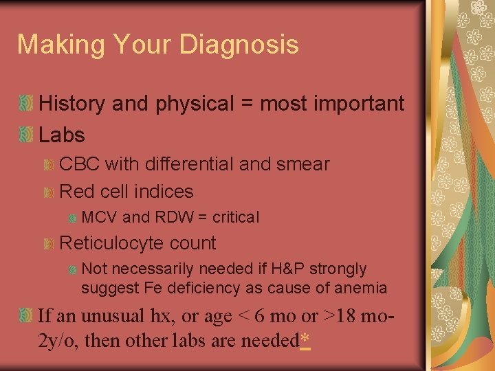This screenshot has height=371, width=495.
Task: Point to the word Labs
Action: [x=62, y=135]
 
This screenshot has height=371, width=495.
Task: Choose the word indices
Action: [x=162, y=192]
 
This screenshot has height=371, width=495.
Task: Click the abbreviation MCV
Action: [x=99, y=218]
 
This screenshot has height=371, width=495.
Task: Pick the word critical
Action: [x=236, y=218]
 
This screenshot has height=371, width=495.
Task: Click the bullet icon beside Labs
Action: [x=26, y=135]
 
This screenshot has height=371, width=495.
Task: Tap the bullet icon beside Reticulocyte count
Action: [x=48, y=243]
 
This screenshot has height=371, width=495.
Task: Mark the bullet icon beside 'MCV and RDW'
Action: [x=72, y=218]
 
